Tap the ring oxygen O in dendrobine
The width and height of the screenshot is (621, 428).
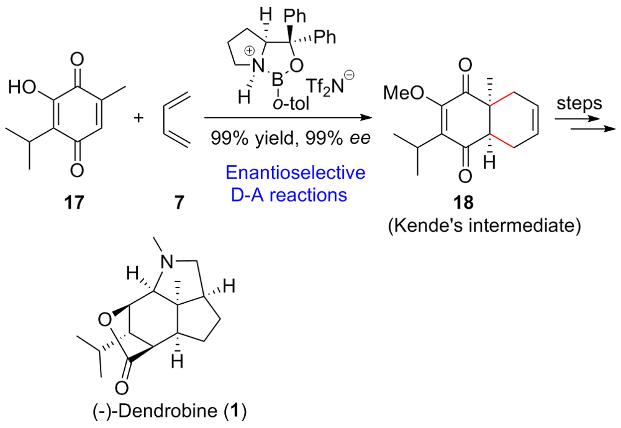coord(106,320)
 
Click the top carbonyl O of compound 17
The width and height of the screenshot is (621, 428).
coord(77,60)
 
